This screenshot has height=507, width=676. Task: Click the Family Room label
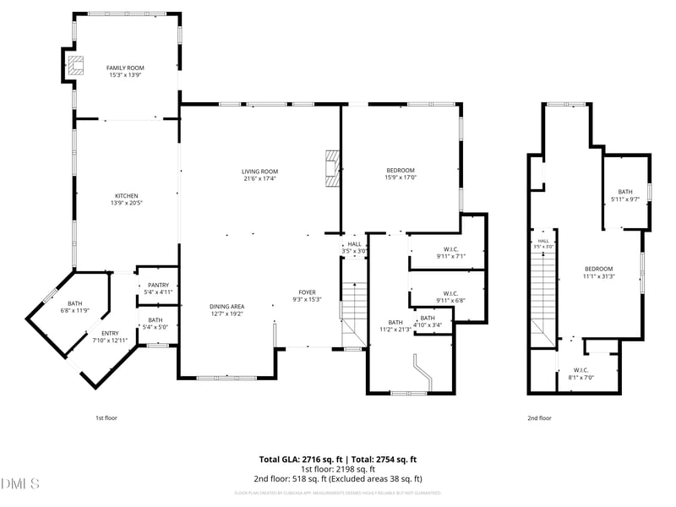(125, 71)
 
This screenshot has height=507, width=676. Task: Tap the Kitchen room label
(124, 199)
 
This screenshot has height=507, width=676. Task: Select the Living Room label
(259, 175)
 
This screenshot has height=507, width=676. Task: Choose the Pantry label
(158, 289)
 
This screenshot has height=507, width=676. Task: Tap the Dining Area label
(226, 309)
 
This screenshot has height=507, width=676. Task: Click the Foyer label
(306, 296)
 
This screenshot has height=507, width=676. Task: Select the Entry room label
(110, 337)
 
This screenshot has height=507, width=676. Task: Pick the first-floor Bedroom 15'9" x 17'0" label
(401, 174)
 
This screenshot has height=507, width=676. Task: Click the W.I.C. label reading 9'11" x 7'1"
(450, 253)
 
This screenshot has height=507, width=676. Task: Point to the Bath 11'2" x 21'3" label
(395, 325)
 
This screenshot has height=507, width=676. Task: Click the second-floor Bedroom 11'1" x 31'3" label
(599, 272)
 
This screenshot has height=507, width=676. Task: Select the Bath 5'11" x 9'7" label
(625, 195)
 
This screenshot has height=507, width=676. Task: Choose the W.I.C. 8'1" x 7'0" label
(581, 373)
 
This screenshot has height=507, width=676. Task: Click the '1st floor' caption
(106, 417)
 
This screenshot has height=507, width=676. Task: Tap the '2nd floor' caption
(539, 417)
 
